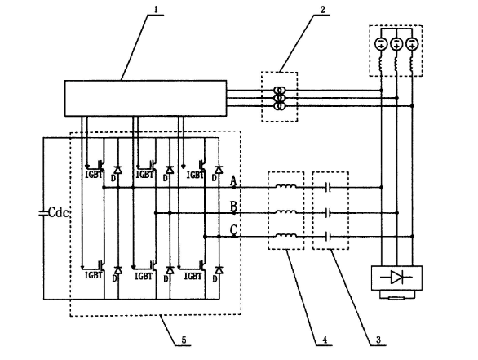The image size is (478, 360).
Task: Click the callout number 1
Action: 156,9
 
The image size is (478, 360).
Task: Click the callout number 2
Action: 322,10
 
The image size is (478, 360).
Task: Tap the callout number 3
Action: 378,340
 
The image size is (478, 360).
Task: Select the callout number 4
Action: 325,340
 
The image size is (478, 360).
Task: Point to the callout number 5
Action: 184,340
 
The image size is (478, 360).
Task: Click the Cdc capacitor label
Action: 59,212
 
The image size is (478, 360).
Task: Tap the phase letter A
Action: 233,180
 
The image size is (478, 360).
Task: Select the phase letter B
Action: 233,207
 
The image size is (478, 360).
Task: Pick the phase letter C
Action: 233,229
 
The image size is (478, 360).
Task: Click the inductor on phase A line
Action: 285,186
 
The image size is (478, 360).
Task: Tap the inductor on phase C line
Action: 285,235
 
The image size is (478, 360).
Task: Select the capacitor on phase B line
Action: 328,213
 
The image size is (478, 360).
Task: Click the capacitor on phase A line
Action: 328,187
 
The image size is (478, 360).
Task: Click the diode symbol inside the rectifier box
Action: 396,278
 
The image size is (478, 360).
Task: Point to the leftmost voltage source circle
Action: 381,43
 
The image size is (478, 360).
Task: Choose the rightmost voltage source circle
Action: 413,43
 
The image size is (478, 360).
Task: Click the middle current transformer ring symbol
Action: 280,98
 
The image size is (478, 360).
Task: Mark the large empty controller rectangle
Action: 145,98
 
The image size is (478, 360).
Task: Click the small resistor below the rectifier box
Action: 396,298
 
